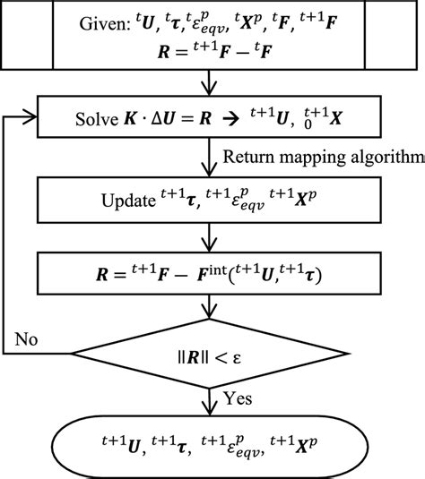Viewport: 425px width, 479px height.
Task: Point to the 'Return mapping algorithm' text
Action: pyautogui.click(x=322, y=159)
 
